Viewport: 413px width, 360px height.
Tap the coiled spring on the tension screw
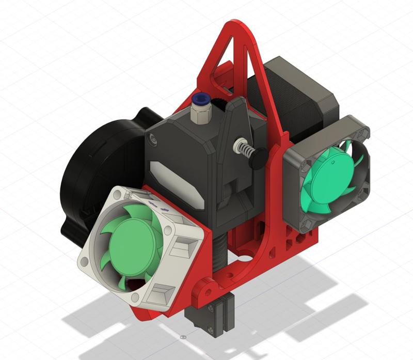pos(246,153)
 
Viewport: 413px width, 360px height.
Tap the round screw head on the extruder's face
pos(153,138)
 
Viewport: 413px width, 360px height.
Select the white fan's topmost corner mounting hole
pos(120,194)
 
